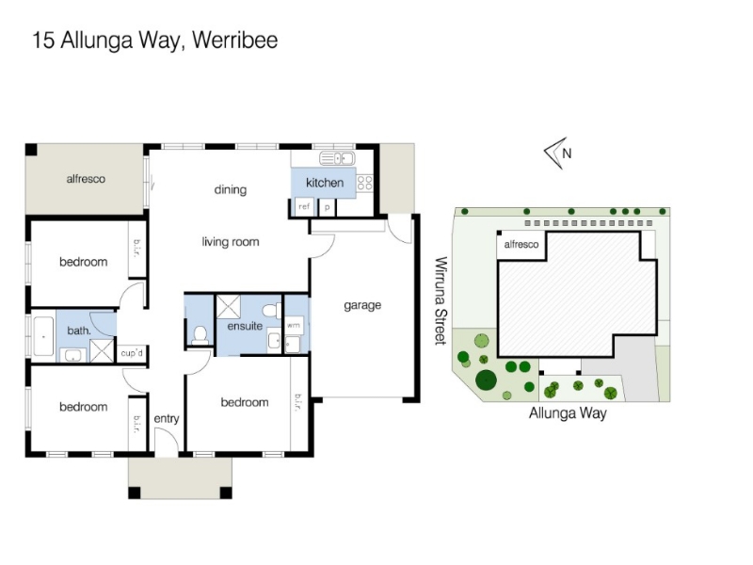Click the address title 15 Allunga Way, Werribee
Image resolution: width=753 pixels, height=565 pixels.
coord(154,40)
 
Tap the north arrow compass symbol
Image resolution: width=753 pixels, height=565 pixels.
coord(557,153)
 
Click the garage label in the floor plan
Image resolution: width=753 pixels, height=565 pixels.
coord(362,305)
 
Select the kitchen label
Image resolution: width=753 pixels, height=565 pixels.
coord(325,183)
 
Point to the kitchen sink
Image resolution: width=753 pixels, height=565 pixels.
coord(337,157)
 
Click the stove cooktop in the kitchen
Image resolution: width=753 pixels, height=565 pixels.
coord(365,183)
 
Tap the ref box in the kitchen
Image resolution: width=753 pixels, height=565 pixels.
coord(304,207)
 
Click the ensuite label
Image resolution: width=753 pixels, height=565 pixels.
coord(245,326)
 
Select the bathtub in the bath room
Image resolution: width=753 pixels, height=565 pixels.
coord(43,336)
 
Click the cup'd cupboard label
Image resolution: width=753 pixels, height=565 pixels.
coord(132,354)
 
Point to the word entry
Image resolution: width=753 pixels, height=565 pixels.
coord(167,419)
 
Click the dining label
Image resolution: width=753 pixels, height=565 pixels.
coord(231,190)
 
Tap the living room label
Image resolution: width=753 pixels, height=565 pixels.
coord(231,242)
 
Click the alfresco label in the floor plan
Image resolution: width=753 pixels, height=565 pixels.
coord(86,179)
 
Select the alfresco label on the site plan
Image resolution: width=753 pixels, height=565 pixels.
coord(521,245)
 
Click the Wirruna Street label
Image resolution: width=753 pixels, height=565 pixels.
coord(441,300)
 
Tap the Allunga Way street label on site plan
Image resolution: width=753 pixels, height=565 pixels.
coord(568,413)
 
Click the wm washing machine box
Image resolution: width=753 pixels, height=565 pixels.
coord(294,325)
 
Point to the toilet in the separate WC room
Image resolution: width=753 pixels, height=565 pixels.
coord(200,335)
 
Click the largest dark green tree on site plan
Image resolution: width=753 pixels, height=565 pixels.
coord(486,380)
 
